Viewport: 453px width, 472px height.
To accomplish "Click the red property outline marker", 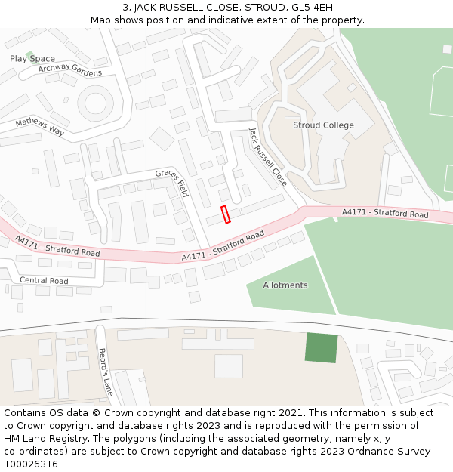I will point(225,214).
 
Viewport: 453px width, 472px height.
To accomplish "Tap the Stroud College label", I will point(323,125).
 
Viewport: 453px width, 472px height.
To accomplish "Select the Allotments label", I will point(285,285).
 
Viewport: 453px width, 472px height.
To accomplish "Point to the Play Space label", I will point(32,59).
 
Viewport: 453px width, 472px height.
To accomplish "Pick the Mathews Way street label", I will point(40,126).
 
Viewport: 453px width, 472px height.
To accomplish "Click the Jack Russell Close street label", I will point(268,157).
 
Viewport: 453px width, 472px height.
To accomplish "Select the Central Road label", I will point(44,281).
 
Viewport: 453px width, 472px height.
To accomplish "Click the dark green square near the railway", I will point(322,347).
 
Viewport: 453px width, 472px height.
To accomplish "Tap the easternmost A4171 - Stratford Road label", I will point(385,214).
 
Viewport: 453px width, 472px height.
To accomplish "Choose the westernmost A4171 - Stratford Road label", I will point(57,245).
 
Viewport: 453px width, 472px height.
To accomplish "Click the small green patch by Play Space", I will point(29,55).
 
